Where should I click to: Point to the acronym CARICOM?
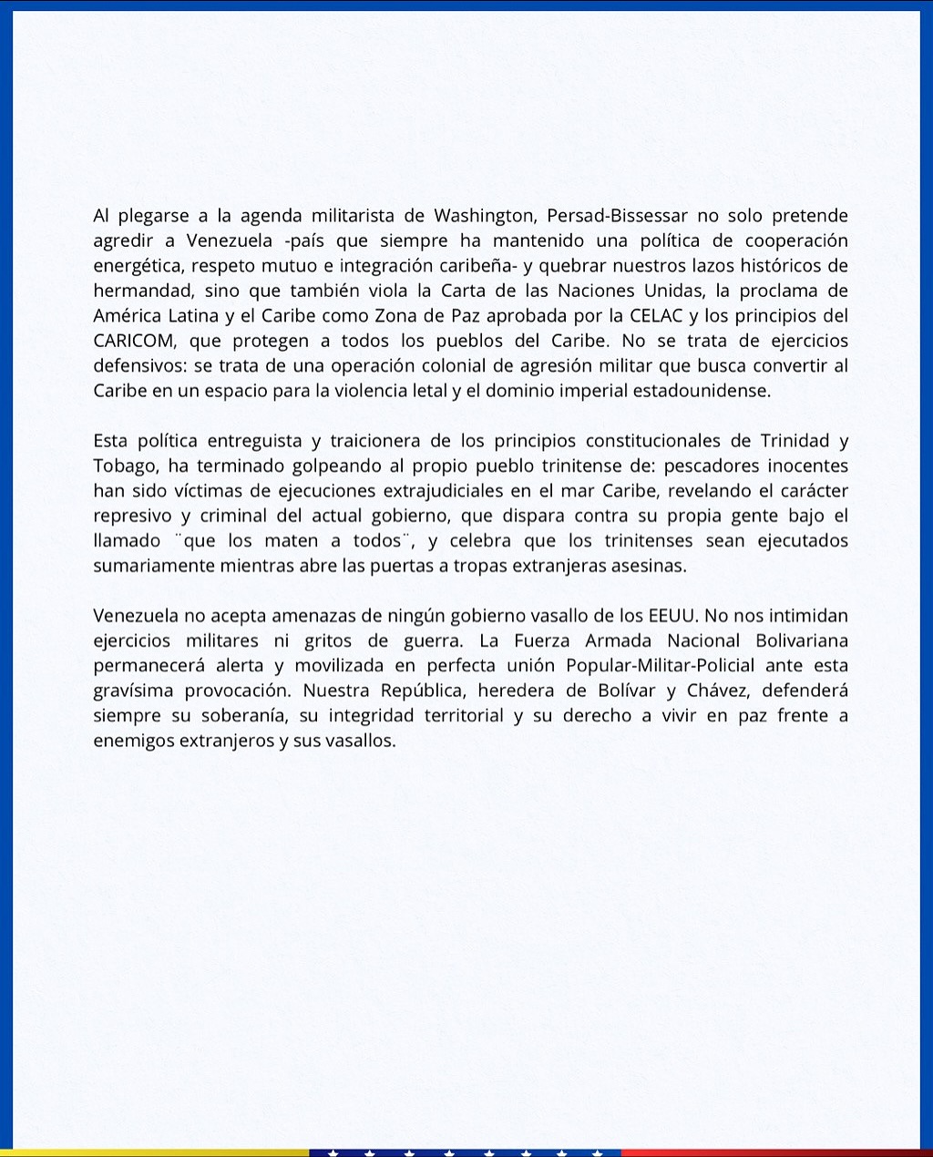click(136, 341)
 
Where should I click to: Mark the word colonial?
click(402, 366)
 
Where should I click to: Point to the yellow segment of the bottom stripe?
click(155, 1152)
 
